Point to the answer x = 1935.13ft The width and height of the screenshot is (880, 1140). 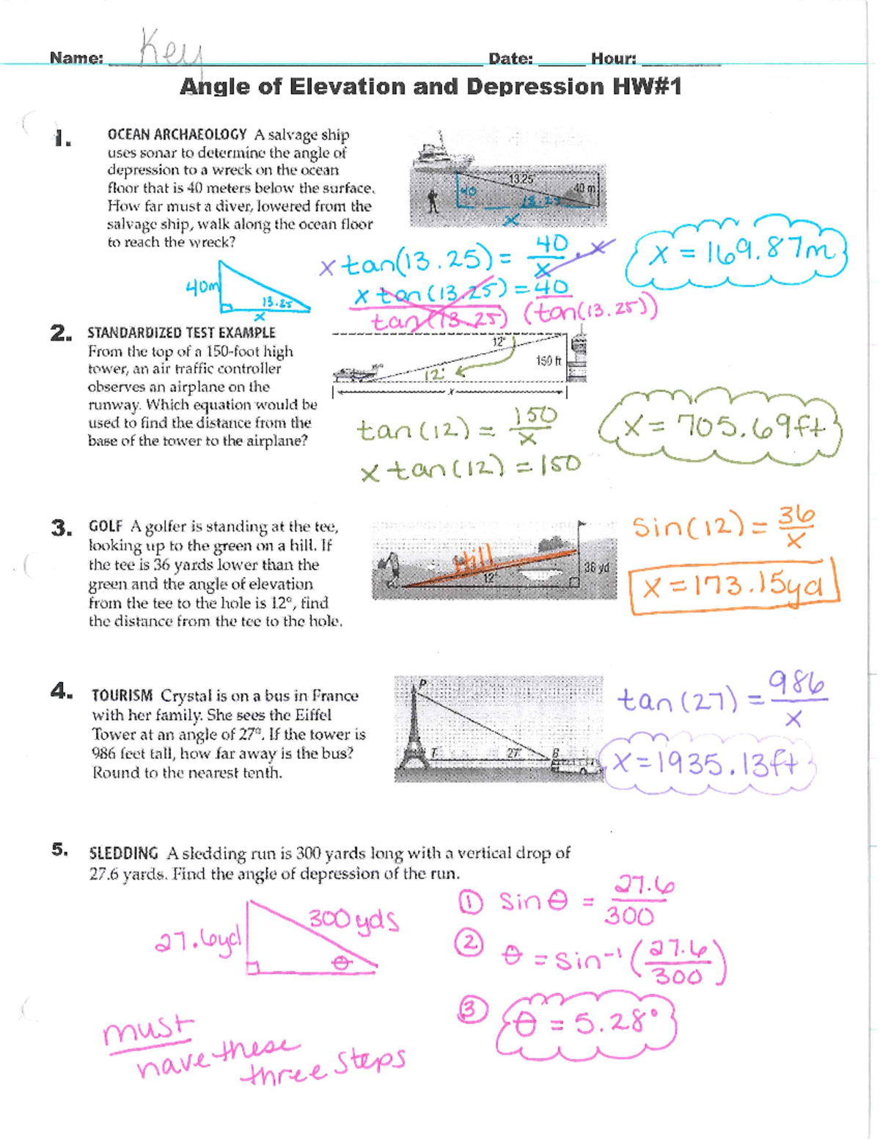[707, 764]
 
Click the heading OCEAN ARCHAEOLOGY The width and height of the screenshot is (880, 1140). [177, 135]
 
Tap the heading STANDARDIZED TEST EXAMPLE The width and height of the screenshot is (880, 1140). [181, 333]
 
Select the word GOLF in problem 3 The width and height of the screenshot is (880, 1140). [106, 526]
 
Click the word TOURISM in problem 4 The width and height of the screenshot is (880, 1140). [122, 695]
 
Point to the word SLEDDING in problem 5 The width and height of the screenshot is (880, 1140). [123, 853]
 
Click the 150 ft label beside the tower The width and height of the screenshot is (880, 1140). [548, 361]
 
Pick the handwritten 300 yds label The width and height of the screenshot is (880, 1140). [353, 920]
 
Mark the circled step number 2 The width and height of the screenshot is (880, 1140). [469, 942]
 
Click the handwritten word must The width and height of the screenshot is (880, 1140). [149, 1031]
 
